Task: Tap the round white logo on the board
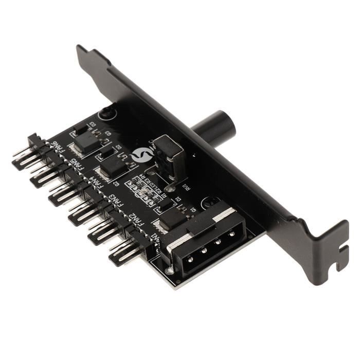(x=140, y=154)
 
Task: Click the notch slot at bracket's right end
(x=341, y=265)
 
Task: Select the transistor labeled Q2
(x=111, y=168)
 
